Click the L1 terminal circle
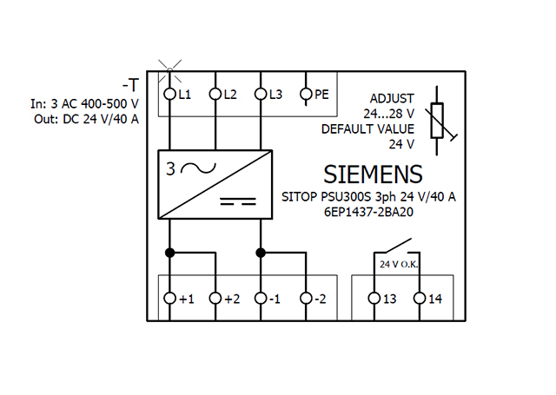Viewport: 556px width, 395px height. [171, 94]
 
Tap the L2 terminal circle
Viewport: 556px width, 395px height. [216, 94]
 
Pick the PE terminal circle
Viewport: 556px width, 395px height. [306, 94]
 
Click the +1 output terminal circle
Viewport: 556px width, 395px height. [171, 299]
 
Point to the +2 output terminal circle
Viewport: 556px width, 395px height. [216, 299]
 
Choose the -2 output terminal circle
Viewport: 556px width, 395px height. [306, 299]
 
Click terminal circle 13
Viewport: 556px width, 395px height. [374, 299]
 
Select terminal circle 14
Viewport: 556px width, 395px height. [420, 299]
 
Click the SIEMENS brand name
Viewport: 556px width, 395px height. [374, 174]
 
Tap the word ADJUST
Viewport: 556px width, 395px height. [392, 97]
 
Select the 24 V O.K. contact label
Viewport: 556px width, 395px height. [397, 262]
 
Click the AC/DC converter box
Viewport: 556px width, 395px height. [215, 185]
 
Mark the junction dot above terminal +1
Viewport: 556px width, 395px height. [171, 253]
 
